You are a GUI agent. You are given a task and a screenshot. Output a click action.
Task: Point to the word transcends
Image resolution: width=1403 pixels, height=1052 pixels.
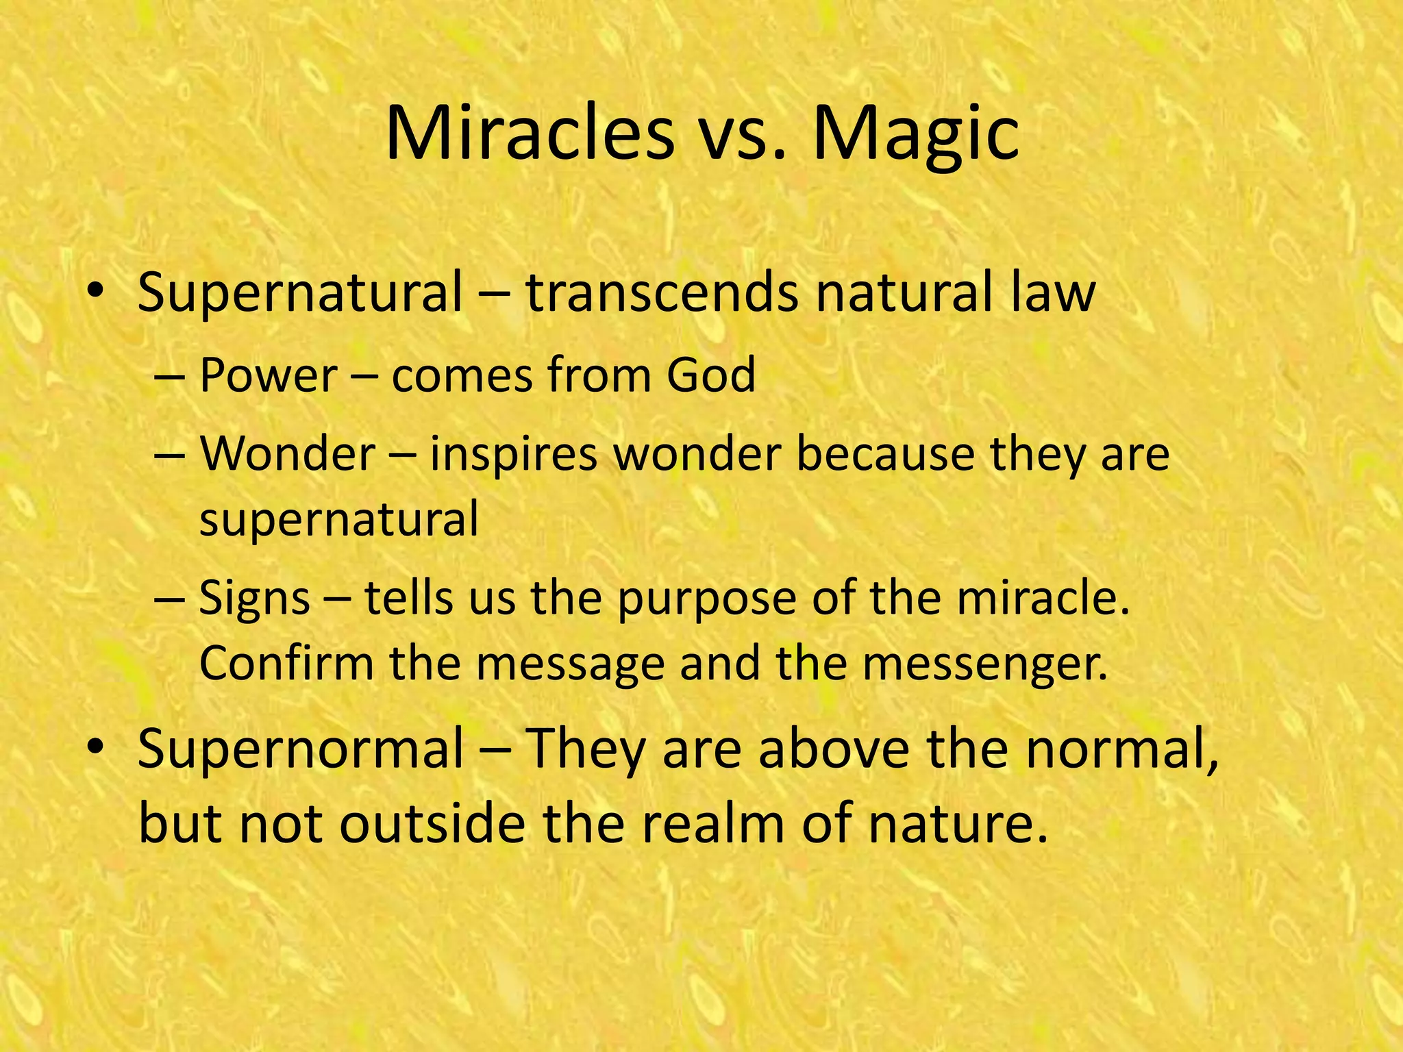coord(662,292)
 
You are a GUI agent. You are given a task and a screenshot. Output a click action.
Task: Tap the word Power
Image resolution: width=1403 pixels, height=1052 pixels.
coord(268,375)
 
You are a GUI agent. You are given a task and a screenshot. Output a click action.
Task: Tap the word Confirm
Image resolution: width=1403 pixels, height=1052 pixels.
coord(286,663)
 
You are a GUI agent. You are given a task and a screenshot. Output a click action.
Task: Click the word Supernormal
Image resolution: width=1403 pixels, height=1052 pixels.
coord(301,748)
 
